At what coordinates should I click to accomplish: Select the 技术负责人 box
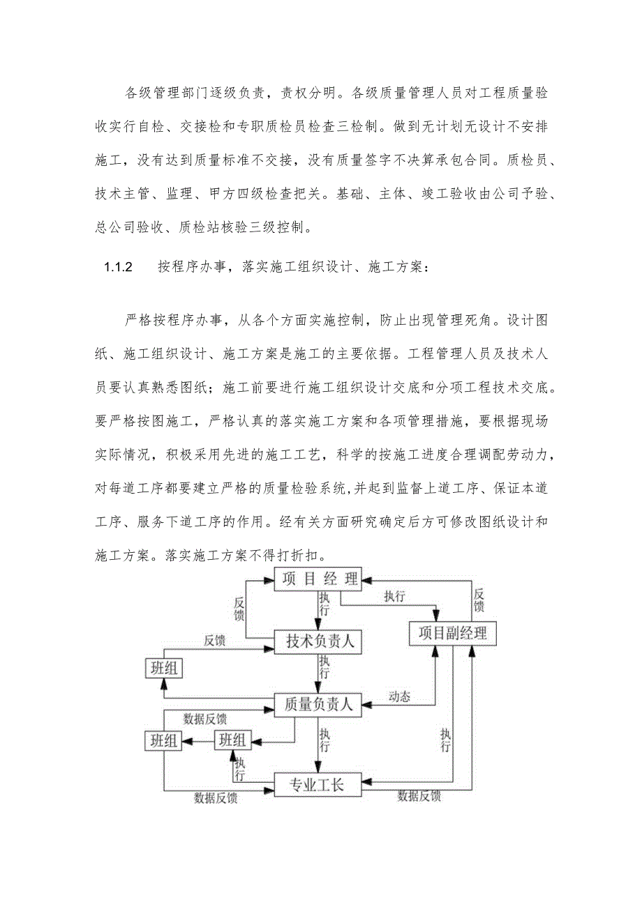click(320, 642)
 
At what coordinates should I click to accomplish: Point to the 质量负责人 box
click(318, 705)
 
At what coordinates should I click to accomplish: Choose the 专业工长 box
click(318, 786)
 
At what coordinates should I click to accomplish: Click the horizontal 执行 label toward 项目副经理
click(394, 597)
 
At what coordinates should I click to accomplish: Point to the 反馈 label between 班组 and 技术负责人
click(214, 640)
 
